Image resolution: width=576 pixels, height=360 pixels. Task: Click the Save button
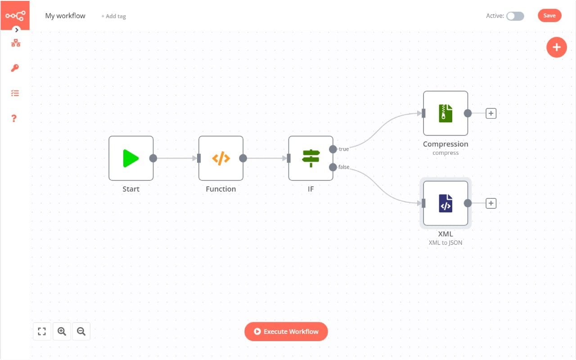[x=549, y=16]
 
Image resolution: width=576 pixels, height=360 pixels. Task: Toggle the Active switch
[x=515, y=16]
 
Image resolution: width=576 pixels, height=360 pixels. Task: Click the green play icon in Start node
[x=131, y=158]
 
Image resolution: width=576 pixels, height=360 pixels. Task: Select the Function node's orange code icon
[x=221, y=158]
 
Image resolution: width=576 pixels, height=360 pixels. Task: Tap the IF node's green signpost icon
[x=311, y=158]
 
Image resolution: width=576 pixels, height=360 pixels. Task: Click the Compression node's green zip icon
[x=445, y=113]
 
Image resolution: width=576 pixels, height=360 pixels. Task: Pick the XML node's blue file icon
[x=445, y=203]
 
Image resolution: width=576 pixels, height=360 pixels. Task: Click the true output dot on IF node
[x=333, y=149]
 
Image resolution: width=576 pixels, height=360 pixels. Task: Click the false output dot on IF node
[x=333, y=167]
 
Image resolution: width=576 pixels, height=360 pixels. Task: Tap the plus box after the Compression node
[x=491, y=113]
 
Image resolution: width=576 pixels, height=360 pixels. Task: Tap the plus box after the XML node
[x=491, y=203]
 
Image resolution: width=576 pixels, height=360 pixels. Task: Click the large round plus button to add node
[x=557, y=47]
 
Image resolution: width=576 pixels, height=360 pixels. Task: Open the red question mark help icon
[x=14, y=118]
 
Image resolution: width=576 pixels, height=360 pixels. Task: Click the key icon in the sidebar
[x=15, y=68]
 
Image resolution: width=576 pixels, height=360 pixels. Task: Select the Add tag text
[x=113, y=16]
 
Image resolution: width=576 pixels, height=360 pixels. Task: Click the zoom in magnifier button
[x=62, y=332]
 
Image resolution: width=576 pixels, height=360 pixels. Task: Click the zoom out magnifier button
[x=81, y=332]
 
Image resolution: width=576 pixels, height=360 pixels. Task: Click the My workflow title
[x=65, y=16]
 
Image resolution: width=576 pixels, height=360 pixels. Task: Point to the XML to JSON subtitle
[x=445, y=243]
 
